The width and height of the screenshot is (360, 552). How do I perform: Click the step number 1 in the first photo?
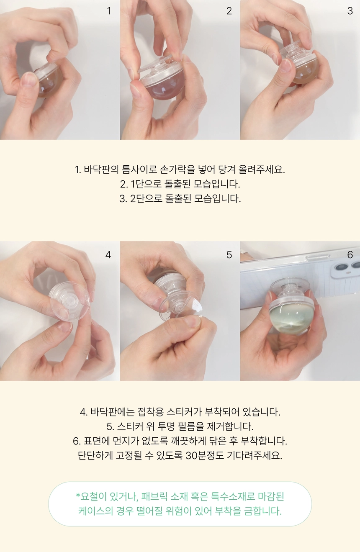coord(109,11)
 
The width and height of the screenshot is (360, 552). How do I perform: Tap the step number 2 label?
coord(229,11)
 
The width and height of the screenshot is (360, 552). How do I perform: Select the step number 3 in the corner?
coord(350,11)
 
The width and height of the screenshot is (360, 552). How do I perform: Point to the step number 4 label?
coord(108,254)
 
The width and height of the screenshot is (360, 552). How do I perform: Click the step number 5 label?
coord(229,254)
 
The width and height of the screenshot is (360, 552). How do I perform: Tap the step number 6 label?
coord(350,254)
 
